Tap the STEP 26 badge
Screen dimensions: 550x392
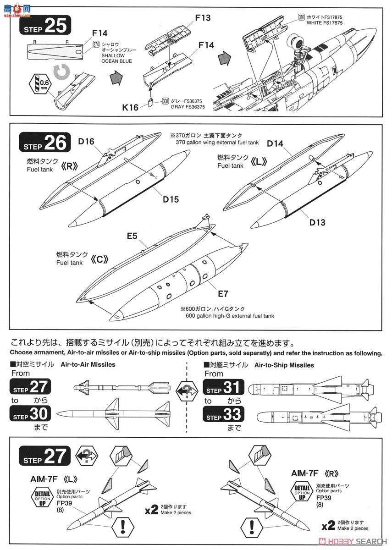pyautogui.click(x=44, y=143)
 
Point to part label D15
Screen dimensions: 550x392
pyautogui.click(x=170, y=199)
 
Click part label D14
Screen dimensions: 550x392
pyautogui.click(x=276, y=143)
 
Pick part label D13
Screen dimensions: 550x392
pyautogui.click(x=317, y=222)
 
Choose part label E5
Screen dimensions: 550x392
pyautogui.click(x=133, y=236)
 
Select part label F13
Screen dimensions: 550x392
pyautogui.click(x=202, y=18)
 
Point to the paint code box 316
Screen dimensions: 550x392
pyautogui.click(x=301, y=17)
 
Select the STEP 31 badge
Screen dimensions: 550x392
pyautogui.click(x=223, y=388)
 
